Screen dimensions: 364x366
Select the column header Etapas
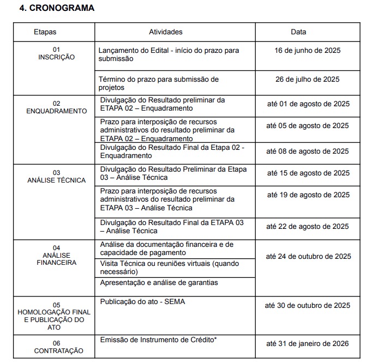coord(45,32)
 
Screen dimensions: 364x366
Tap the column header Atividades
coord(165,32)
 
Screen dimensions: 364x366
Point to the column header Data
coord(298,32)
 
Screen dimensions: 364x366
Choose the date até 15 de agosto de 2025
coord(308,173)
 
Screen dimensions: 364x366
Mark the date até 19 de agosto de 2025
coord(308,195)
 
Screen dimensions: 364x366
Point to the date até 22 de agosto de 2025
coord(308,226)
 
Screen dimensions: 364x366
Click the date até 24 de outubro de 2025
coord(308,256)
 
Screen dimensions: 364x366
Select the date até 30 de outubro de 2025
coord(308,305)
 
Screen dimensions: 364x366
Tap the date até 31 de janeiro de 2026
coord(308,343)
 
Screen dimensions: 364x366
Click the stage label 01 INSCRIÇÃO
coord(56,53)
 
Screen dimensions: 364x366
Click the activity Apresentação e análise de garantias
coord(159,282)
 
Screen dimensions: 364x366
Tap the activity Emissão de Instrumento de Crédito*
coord(158,339)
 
